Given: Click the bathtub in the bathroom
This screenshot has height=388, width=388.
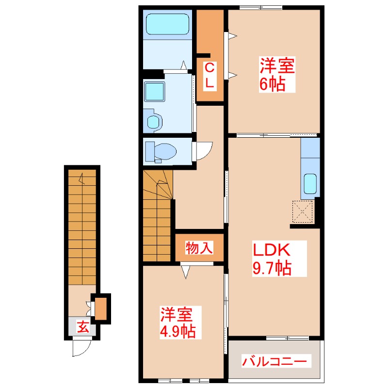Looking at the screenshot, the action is [167, 24].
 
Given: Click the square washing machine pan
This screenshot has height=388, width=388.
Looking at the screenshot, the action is [154, 91].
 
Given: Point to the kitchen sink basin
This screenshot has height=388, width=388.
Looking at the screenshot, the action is [310, 184].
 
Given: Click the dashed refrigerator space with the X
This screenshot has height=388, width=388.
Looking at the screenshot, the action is [302, 211].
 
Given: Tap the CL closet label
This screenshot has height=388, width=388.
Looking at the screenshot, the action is [210, 76].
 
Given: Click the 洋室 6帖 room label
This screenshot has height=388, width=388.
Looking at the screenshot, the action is [277, 75].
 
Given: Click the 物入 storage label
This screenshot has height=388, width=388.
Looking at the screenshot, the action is [199, 248].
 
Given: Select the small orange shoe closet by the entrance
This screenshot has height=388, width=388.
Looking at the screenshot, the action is [101, 309].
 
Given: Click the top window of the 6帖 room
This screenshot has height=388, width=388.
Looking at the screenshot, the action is [261, 7].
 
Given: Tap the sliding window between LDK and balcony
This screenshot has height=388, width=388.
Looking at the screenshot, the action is [287, 338].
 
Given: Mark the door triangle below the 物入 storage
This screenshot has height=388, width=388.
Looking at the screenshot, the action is [186, 272].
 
